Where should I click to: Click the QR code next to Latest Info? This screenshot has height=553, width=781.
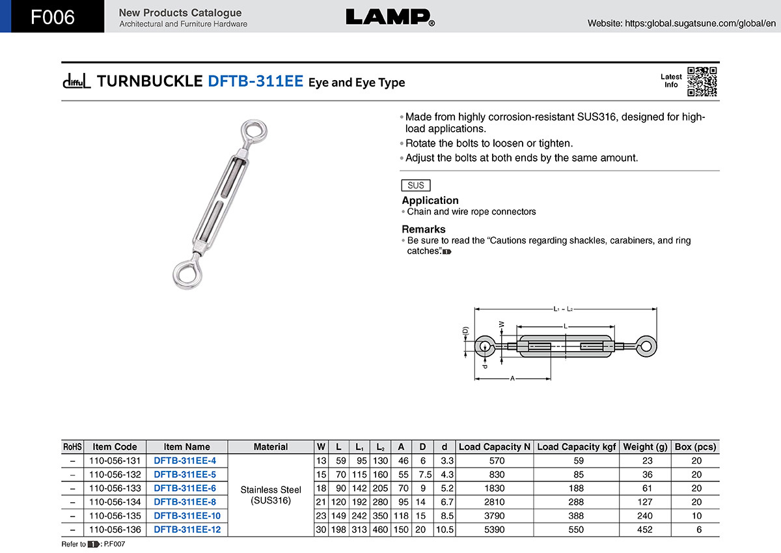coord(702,81)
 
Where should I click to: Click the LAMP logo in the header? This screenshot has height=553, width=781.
coord(390,18)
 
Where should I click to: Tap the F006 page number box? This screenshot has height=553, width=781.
coord(52,16)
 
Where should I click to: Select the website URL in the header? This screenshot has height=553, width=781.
coord(681,23)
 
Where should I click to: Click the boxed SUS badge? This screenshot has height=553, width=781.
coord(416,185)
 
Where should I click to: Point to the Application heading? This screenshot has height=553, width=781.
coord(430,200)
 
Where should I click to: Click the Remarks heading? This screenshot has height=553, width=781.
coord(423,229)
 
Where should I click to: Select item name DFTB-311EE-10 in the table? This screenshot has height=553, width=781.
coord(187,516)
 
